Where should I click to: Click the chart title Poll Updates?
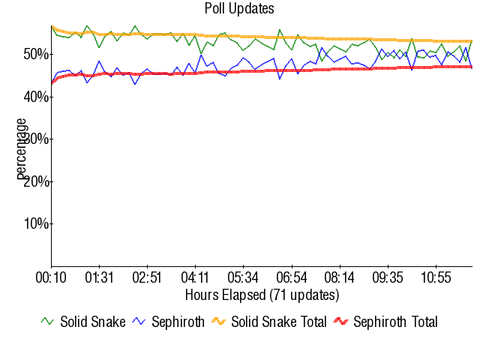click(x=239, y=9)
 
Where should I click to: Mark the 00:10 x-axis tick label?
click(x=51, y=277)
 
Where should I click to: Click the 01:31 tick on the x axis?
click(x=99, y=277)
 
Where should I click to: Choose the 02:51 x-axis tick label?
click(x=147, y=277)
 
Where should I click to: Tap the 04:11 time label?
click(x=195, y=277)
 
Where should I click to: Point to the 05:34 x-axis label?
click(x=243, y=277)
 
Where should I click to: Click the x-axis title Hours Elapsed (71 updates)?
click(x=262, y=295)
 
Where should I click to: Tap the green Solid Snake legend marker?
click(x=47, y=322)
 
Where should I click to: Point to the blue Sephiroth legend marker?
click(x=139, y=322)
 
